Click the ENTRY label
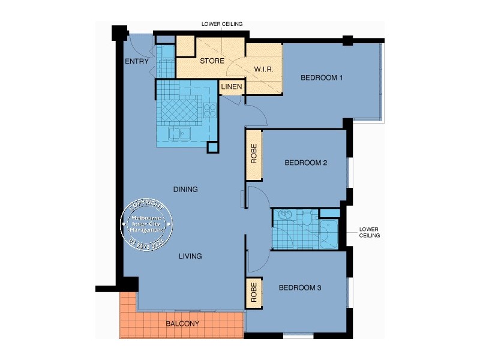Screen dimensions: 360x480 (x=136, y=61)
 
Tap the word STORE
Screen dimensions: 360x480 (x=212, y=61)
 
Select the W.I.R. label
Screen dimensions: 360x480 (x=264, y=70)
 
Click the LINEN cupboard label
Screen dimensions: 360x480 (x=232, y=87)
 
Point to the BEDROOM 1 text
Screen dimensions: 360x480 (x=322, y=77)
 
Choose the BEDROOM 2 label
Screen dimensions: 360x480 (x=305, y=163)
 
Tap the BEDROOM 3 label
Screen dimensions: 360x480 (x=300, y=288)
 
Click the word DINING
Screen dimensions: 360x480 (x=185, y=190)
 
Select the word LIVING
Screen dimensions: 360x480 (x=190, y=256)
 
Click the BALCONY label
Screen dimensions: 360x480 (x=182, y=323)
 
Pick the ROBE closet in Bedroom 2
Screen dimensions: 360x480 (x=254, y=155)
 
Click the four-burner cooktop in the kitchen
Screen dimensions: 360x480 (x=210, y=110)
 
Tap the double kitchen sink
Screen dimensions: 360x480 (x=179, y=133)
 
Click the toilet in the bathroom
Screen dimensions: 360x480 (x=307, y=217)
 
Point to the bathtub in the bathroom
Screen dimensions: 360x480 (x=329, y=235)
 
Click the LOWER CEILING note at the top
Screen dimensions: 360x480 (x=222, y=24)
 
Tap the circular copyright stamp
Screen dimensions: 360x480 (x=147, y=224)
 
